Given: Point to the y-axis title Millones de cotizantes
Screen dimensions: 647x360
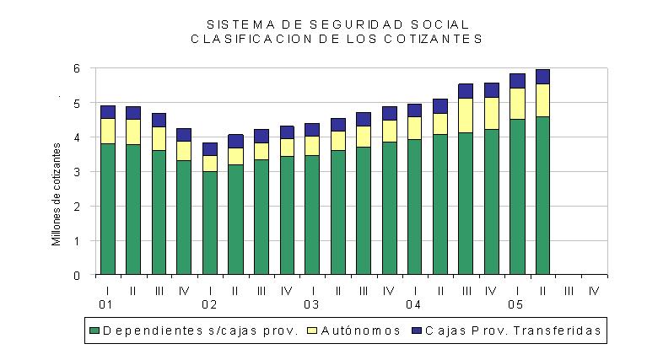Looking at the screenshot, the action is click(x=57, y=194).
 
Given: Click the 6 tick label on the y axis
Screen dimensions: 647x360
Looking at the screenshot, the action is click(x=77, y=68).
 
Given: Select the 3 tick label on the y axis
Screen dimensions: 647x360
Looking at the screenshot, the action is click(x=77, y=172).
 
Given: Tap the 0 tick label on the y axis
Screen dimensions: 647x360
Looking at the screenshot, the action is click(x=77, y=276).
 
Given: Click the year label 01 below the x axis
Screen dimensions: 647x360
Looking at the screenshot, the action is click(x=105, y=304).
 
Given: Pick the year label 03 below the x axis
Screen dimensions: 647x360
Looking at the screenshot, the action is click(x=311, y=304).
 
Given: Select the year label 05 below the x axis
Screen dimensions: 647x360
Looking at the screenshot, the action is click(x=515, y=304).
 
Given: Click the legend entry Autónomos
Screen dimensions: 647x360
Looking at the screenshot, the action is click(x=354, y=330).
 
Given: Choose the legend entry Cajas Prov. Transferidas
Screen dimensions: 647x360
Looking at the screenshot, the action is click(x=506, y=330).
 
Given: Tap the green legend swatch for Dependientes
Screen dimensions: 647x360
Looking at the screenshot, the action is click(x=94, y=330).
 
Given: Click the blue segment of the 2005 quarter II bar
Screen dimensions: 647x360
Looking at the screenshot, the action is click(x=542, y=77).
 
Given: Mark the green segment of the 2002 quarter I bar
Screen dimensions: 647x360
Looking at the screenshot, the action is click(x=210, y=223).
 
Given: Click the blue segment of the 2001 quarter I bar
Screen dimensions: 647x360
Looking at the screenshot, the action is click(x=108, y=112).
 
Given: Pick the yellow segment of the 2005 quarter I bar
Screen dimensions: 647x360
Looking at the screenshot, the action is click(x=517, y=104).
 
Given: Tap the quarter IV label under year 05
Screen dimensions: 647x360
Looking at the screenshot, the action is click(x=594, y=291).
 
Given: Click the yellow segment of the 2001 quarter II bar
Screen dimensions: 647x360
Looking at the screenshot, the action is click(x=133, y=132).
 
